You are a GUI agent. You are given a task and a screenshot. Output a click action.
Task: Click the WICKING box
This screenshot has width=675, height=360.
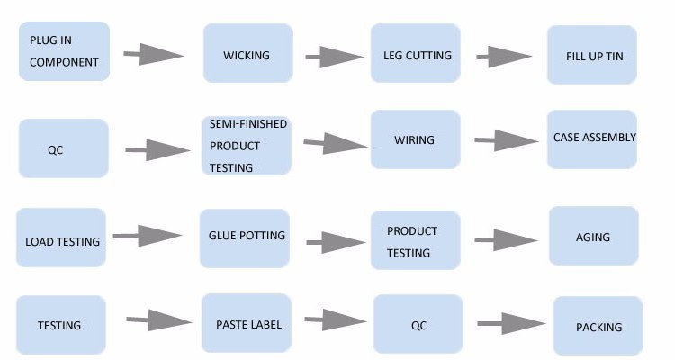[x=247, y=54]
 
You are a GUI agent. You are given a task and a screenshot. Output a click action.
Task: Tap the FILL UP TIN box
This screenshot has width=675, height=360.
[x=592, y=55]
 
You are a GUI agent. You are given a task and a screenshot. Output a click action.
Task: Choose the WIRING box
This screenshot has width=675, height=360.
[x=414, y=140]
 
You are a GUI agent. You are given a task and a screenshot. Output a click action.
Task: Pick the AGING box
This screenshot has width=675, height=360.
[x=592, y=237]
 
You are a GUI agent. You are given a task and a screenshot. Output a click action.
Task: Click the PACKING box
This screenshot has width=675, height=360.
[x=598, y=327]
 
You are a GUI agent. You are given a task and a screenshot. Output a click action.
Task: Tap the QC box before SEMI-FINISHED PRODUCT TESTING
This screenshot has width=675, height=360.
[x=63, y=148]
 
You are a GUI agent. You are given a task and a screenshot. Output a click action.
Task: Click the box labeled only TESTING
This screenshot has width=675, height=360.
[x=61, y=325]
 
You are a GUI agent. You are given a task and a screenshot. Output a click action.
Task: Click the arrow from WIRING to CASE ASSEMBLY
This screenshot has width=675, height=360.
[x=506, y=140]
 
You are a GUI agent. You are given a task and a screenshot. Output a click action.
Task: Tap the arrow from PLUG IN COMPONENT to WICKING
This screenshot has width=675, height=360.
[x=153, y=56]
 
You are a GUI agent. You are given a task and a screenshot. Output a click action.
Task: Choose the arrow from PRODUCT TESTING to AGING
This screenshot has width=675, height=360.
[x=506, y=241]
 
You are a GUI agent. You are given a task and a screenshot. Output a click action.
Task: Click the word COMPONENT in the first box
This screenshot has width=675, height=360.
[x=64, y=63]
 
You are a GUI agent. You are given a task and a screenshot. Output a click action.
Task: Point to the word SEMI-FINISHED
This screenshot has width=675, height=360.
[x=248, y=124]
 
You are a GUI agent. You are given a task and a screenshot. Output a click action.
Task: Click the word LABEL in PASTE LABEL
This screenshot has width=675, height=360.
[x=265, y=323]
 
